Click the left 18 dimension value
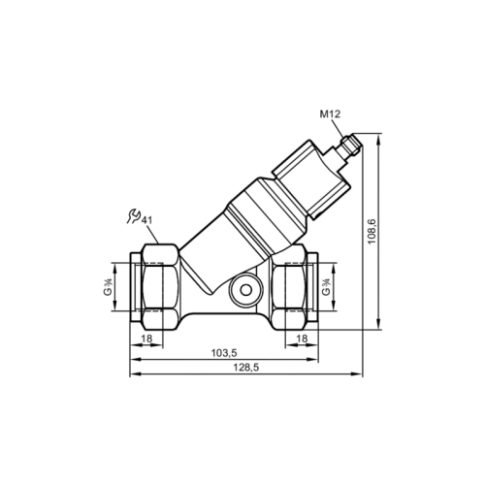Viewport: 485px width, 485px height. pyautogui.click(x=146, y=338)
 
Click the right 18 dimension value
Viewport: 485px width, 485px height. pyautogui.click(x=301, y=338)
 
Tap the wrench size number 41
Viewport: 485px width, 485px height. pyautogui.click(x=148, y=221)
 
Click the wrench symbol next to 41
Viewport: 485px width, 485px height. pyautogui.click(x=133, y=217)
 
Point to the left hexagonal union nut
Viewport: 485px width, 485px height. pyautogui.click(x=157, y=286)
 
